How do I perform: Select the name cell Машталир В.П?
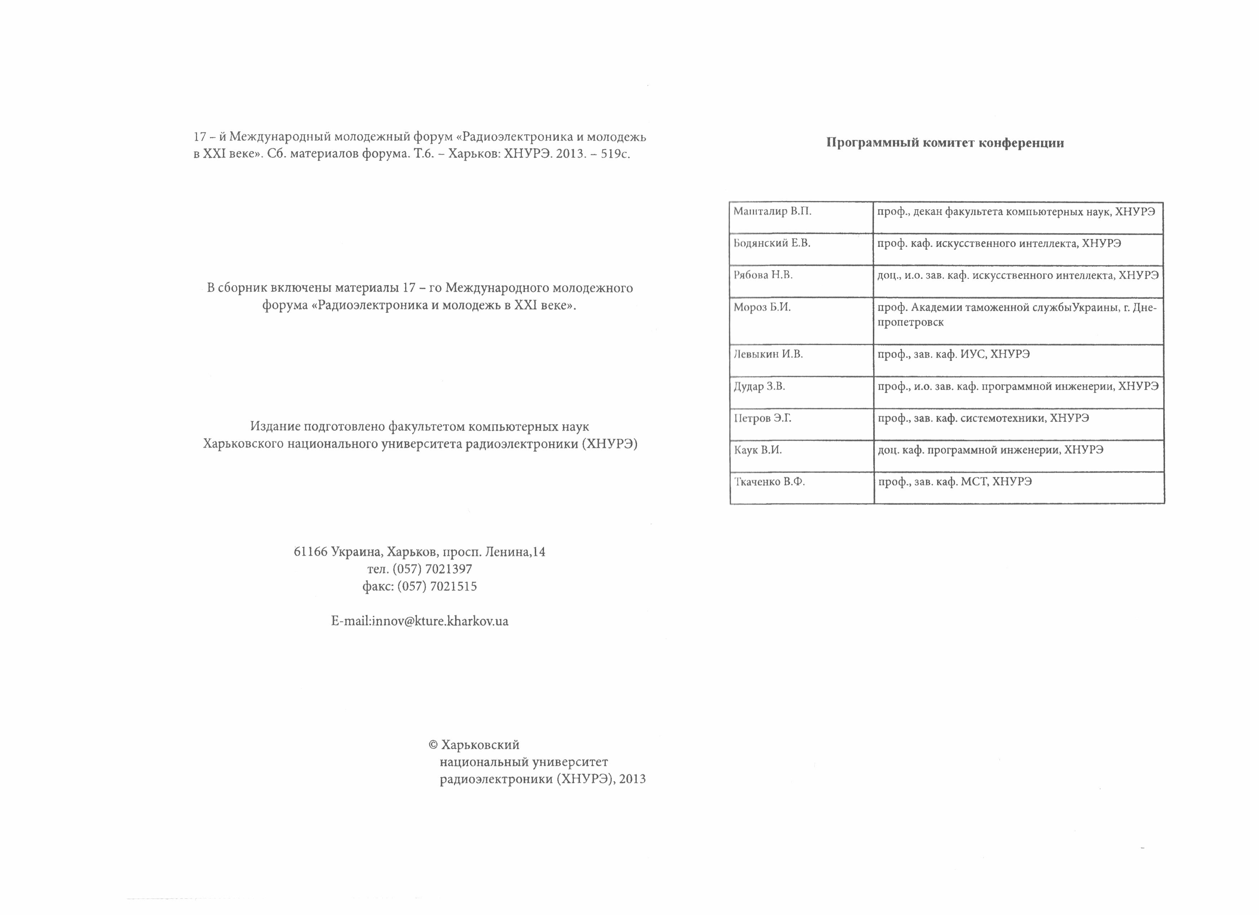(x=772, y=211)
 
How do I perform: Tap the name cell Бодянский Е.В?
(x=772, y=243)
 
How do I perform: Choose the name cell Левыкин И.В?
(x=768, y=354)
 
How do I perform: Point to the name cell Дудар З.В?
(x=759, y=386)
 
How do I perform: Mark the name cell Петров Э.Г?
(x=763, y=418)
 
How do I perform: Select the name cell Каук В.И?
(x=758, y=450)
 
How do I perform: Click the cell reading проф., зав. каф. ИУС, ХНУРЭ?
(x=953, y=354)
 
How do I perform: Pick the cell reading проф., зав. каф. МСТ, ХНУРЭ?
(x=954, y=482)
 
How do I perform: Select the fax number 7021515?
(x=453, y=586)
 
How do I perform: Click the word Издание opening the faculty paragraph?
(x=271, y=426)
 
